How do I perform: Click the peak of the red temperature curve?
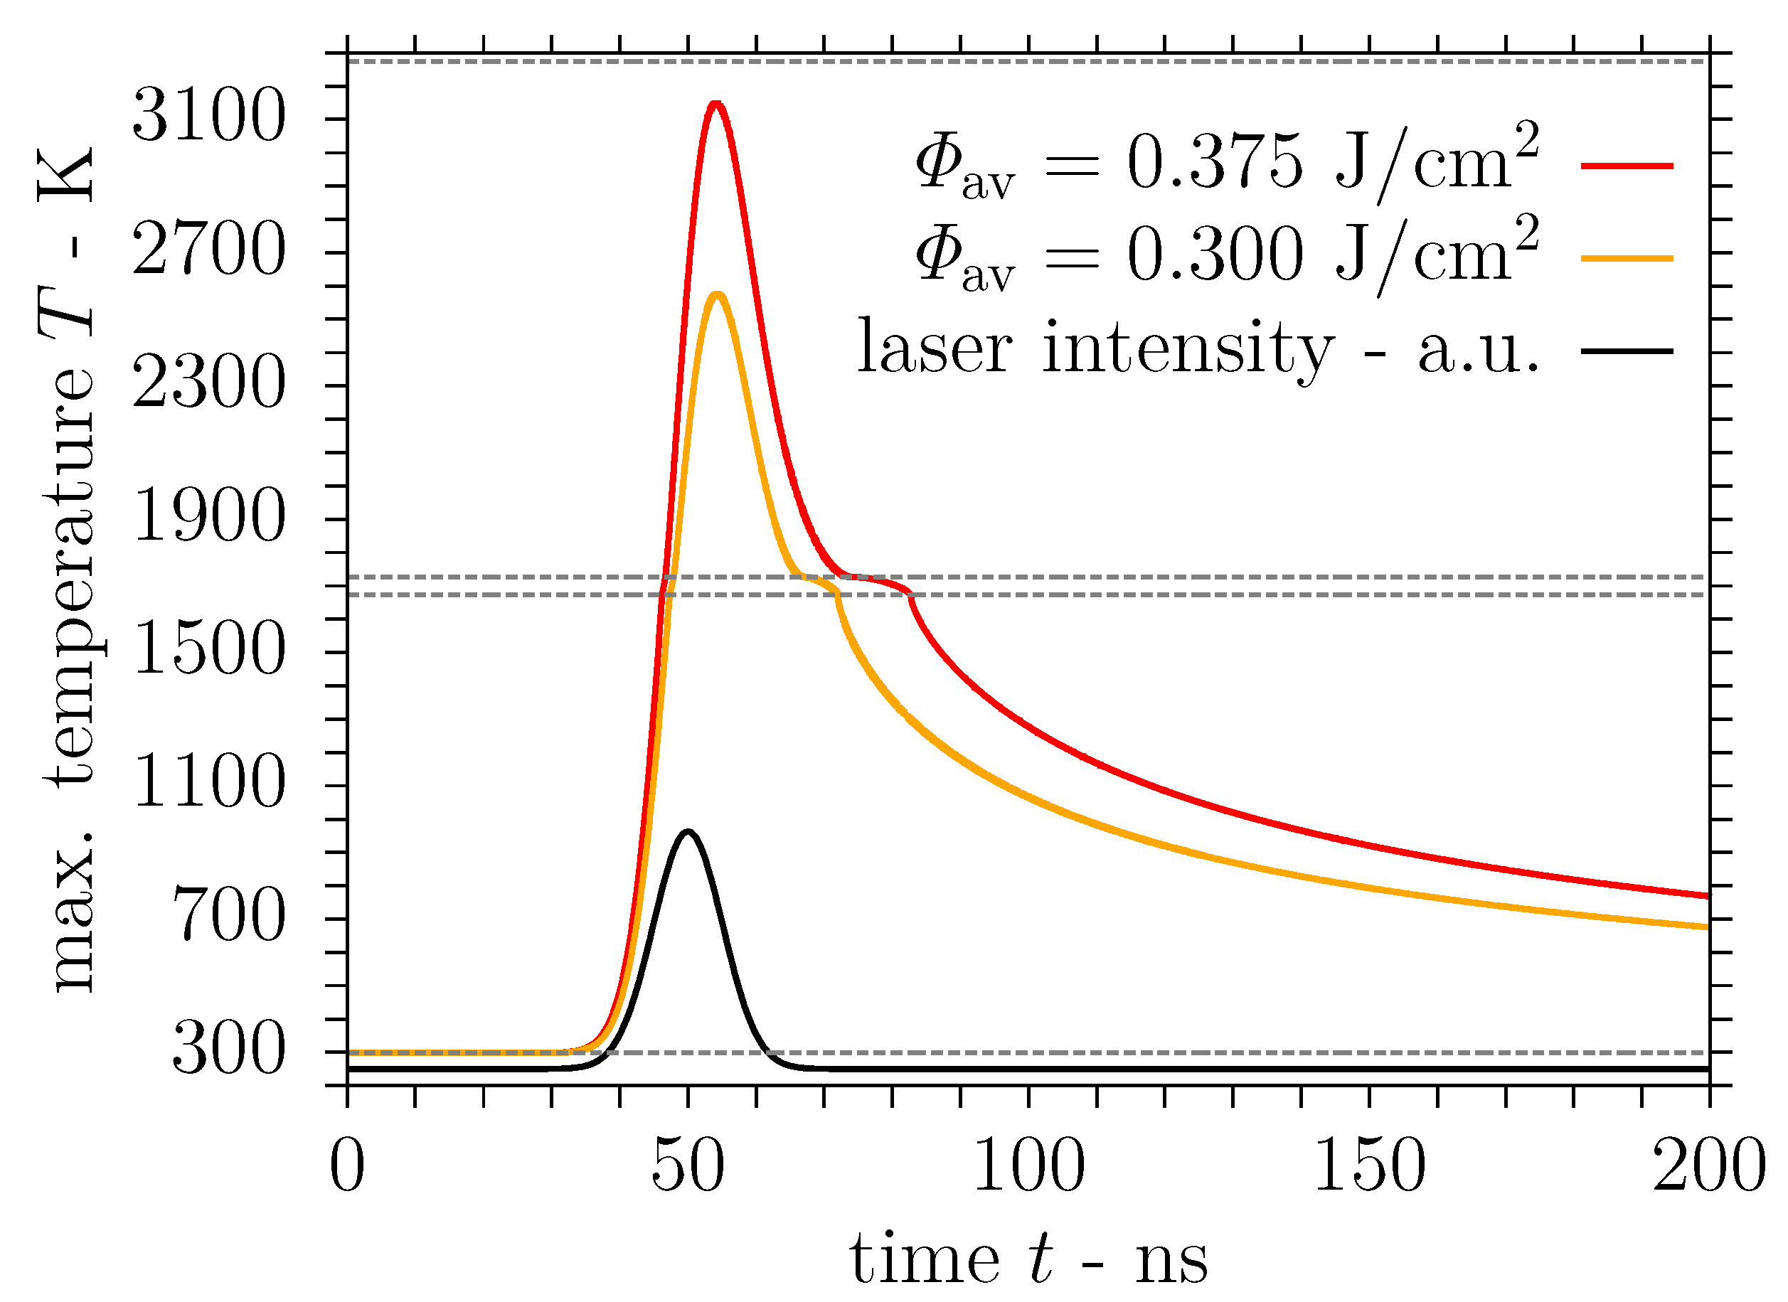coord(715,104)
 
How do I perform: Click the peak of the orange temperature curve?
coord(718,296)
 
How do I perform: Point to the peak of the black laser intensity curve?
coord(688,832)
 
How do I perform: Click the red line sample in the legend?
coord(1627,166)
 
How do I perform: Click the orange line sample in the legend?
coord(1627,257)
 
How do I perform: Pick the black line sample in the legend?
coord(1627,350)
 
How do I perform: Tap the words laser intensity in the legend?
coord(1096,348)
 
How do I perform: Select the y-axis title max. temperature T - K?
coord(70,567)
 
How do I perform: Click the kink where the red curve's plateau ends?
coord(911,596)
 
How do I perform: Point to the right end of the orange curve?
coord(1707,927)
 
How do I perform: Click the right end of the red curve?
coord(1707,896)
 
